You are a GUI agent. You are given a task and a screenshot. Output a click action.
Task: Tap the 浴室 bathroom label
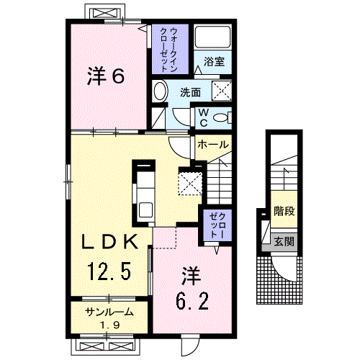click(x=213, y=62)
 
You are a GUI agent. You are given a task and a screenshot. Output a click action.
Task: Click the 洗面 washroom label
click(x=190, y=92)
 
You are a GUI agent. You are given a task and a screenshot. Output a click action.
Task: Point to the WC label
click(x=203, y=117)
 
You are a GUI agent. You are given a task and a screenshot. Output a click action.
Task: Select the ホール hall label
click(x=213, y=145)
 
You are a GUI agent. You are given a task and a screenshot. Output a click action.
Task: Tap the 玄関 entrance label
click(x=284, y=242)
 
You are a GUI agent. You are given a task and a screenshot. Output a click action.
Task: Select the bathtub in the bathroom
click(x=213, y=40)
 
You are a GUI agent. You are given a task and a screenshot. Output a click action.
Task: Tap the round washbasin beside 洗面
click(x=161, y=92)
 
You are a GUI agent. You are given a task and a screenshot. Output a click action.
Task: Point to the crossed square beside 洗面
click(x=223, y=91)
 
